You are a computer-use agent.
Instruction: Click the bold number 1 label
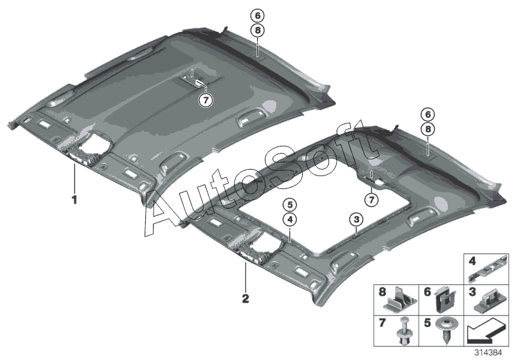74,200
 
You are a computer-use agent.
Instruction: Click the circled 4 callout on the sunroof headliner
290,219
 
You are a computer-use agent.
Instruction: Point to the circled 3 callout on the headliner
355,221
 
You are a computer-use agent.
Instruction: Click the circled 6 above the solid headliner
257,15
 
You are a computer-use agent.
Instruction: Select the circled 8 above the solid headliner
257,30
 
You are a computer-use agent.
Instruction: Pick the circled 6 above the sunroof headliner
426,114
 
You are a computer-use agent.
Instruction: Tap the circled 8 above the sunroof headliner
426,129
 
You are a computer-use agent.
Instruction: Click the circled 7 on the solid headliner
204,100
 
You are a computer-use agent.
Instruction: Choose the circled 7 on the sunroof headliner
369,201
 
